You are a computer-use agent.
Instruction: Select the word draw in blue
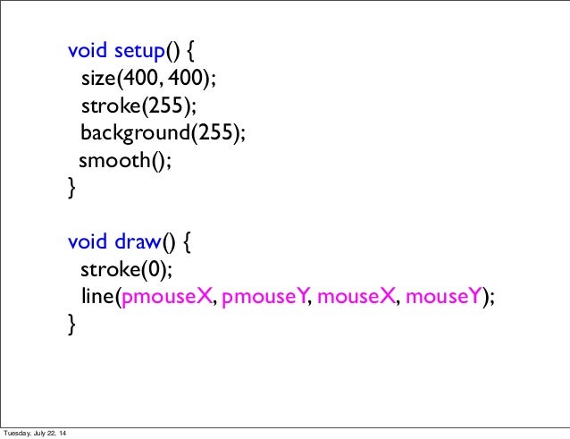tap(137, 241)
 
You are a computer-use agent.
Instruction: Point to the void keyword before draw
tap(87, 241)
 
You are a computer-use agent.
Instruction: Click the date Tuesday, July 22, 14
tap(35, 434)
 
